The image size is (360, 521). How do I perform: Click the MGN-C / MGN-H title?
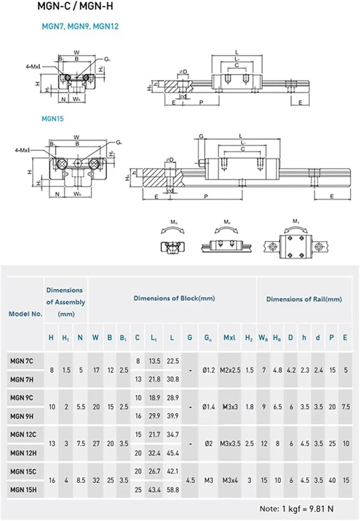point(75,6)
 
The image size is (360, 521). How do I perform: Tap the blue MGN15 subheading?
point(52,119)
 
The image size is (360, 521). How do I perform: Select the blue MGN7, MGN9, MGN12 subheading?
point(80,26)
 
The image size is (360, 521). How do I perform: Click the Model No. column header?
point(25,314)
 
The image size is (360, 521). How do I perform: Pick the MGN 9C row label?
point(22,398)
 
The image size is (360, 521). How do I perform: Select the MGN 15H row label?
point(23,490)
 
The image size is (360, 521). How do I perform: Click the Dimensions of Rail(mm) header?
point(304,299)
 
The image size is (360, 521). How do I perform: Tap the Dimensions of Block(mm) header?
point(174,298)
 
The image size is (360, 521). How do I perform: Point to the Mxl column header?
point(229,338)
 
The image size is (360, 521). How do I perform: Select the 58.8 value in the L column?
point(173,490)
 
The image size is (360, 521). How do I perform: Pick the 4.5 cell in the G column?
point(190,480)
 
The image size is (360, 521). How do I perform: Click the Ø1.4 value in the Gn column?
point(208,407)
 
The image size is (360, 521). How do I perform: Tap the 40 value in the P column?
point(332,480)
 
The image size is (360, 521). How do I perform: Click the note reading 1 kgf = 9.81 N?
point(296,509)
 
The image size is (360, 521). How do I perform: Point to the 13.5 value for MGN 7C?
point(154,361)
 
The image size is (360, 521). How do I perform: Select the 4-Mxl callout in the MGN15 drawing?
point(22,150)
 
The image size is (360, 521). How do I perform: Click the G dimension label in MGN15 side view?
point(201,137)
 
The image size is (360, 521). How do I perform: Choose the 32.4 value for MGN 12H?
point(154,453)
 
